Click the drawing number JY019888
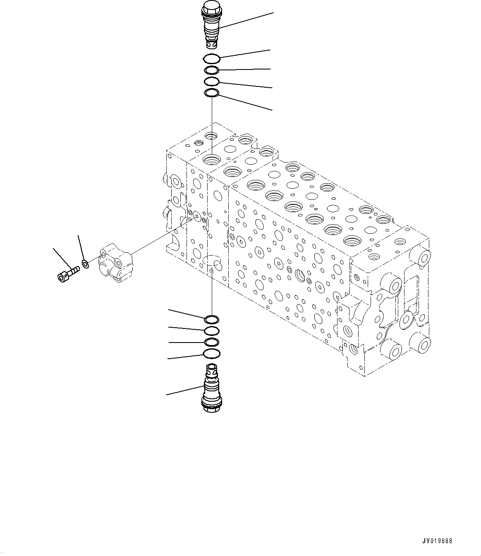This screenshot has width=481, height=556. point(437,540)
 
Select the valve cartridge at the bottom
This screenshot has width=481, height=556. point(211,388)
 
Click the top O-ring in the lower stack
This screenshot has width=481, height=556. point(211,319)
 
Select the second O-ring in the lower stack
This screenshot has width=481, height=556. point(211,330)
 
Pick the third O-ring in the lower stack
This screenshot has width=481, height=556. point(211,342)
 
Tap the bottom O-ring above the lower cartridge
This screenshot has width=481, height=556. point(211,353)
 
